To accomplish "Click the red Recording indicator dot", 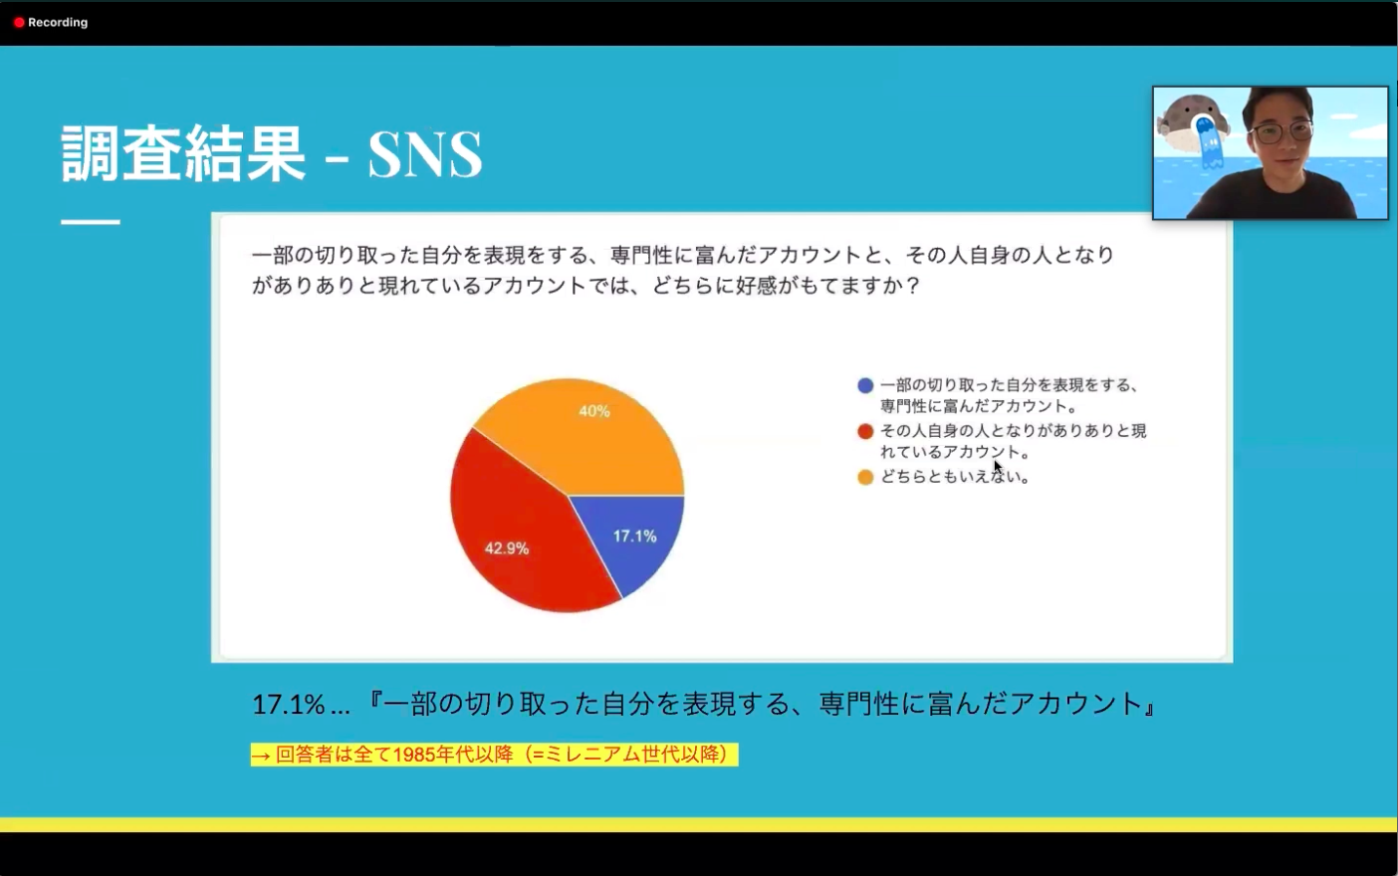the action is click(x=19, y=23).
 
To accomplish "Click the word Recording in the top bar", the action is click(x=58, y=23).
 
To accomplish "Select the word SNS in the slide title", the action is click(x=425, y=154).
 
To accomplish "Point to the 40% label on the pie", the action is click(x=594, y=411).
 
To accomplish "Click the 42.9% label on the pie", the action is click(x=507, y=548).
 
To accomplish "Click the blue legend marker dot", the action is click(x=865, y=385).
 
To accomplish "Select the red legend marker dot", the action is click(x=865, y=431).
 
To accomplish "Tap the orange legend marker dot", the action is click(x=865, y=477).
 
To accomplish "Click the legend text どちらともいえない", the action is click(x=954, y=477).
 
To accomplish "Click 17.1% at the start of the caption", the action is click(x=289, y=705).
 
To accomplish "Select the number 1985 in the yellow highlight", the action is click(x=414, y=755).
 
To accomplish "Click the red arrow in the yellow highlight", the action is click(x=261, y=757).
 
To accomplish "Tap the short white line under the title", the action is click(x=91, y=222).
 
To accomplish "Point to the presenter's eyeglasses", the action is click(x=1281, y=132).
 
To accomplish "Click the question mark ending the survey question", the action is click(x=913, y=286).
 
